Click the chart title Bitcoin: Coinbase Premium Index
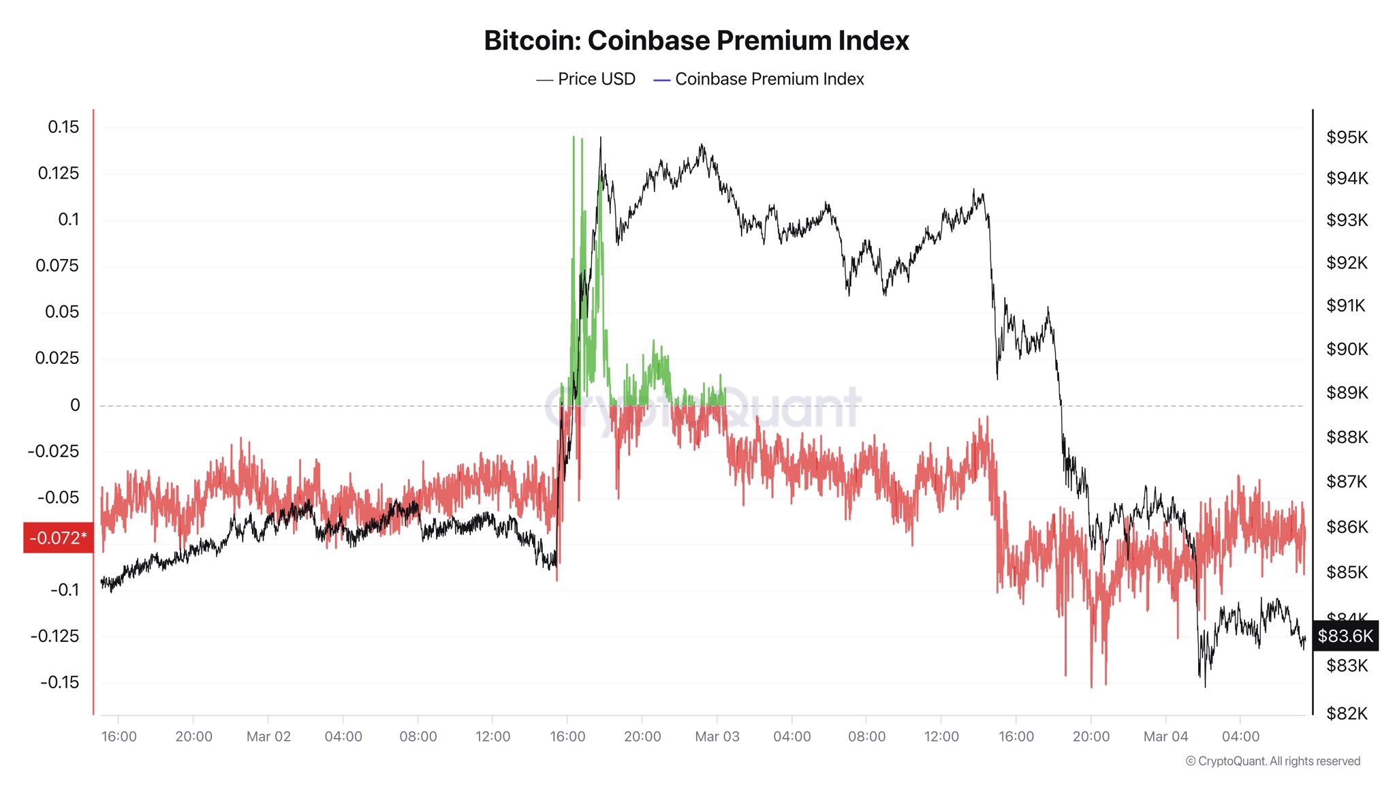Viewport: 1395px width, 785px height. coord(696,41)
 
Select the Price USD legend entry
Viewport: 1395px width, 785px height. coord(586,79)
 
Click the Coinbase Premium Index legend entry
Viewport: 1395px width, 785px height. coord(759,79)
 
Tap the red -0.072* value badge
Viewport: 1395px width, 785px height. coord(58,538)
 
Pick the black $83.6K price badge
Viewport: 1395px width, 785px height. coord(1345,636)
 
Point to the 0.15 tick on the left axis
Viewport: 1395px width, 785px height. coord(63,127)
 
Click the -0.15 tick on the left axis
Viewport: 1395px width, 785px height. coord(59,682)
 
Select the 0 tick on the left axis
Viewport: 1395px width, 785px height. coord(75,405)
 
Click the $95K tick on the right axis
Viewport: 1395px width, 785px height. coord(1347,137)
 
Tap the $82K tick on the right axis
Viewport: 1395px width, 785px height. coord(1347,713)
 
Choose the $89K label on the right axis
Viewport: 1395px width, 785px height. coord(1347,392)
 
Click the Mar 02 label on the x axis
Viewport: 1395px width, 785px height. coord(268,737)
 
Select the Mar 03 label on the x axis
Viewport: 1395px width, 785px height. coord(717,737)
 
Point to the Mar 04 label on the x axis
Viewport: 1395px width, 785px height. coord(1165,737)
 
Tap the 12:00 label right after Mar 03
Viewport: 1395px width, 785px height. coord(941,737)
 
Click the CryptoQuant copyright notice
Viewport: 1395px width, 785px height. coord(1272,761)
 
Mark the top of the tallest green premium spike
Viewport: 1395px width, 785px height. coord(574,138)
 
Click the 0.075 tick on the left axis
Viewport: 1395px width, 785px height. coord(57,266)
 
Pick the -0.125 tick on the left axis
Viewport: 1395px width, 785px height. coord(54,636)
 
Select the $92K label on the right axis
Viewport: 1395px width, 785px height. coord(1347,262)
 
